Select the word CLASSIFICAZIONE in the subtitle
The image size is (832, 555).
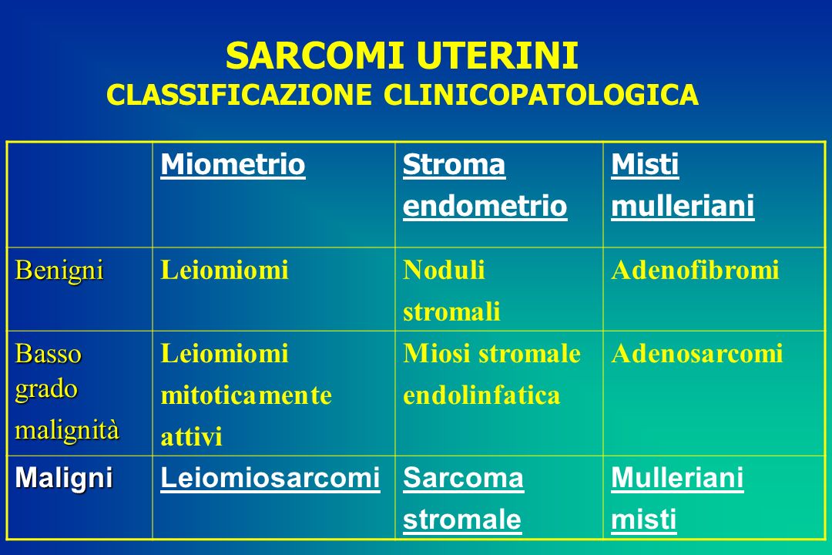click(x=240, y=95)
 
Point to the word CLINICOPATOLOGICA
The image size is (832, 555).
click(x=541, y=95)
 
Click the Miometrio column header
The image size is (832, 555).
click(x=233, y=164)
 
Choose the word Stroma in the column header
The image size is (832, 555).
click(x=455, y=164)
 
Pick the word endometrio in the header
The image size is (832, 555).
click(x=485, y=206)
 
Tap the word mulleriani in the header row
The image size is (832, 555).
click(x=683, y=206)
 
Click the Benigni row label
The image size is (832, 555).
click(x=59, y=271)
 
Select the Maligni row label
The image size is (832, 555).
click(x=64, y=478)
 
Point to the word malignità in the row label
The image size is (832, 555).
click(x=67, y=429)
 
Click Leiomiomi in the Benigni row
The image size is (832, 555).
click(x=224, y=270)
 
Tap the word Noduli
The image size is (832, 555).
click(x=444, y=270)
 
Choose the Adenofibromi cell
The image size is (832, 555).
click(x=695, y=270)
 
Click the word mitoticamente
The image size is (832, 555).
click(x=247, y=395)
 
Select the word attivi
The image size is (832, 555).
click(x=192, y=437)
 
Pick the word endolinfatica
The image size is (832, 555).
click(x=481, y=395)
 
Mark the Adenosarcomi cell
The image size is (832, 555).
click(x=696, y=354)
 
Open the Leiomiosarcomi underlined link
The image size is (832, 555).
click(x=270, y=478)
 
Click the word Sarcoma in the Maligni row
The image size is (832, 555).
click(x=463, y=478)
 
